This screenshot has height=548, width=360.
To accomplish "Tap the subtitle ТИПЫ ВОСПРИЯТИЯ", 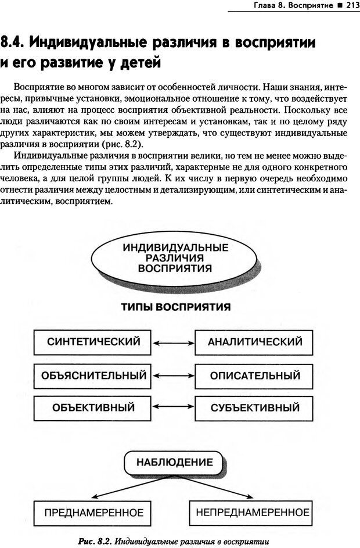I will [x=175, y=306].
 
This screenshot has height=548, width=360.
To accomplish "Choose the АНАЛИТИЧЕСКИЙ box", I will [x=255, y=342].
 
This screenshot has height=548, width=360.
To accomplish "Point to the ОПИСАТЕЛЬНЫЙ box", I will [x=255, y=375].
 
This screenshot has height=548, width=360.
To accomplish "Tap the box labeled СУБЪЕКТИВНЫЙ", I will [x=255, y=407].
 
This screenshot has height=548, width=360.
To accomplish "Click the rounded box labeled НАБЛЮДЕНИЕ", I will [x=174, y=463].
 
